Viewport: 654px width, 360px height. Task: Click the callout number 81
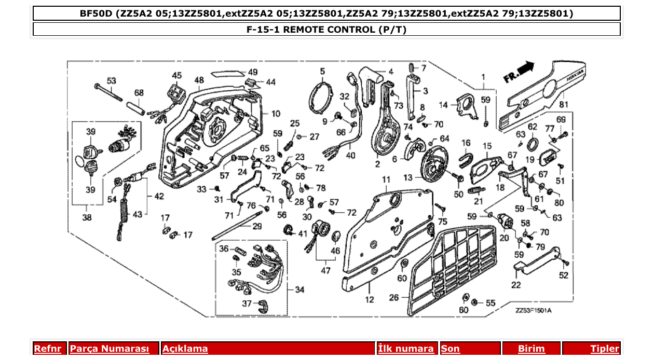tap(564, 104)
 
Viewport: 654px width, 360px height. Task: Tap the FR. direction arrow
tap(519, 72)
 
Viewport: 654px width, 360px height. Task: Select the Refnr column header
tap(47, 349)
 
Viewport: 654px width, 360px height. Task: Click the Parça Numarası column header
tap(110, 349)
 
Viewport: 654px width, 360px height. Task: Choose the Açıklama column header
tap(185, 349)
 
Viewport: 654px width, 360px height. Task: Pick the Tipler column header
tap(605, 349)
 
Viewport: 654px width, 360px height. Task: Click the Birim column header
tap(532, 349)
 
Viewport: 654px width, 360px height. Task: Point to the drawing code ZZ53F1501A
tap(533, 311)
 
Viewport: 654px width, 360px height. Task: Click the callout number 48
tap(199, 80)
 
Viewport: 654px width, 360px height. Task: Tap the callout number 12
tap(369, 300)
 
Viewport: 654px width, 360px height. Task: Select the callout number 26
tap(394, 298)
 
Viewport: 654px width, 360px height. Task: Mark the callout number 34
tap(299, 289)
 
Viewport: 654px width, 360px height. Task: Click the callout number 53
tap(112, 81)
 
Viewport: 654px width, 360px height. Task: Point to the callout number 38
tap(87, 218)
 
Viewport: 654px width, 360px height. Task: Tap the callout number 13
tap(408, 177)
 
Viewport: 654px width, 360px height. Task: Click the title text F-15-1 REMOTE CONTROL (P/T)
tap(326, 29)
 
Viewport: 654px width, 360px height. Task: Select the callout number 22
tap(515, 285)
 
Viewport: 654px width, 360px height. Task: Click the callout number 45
tap(177, 76)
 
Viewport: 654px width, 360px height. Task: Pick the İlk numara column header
tap(406, 349)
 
